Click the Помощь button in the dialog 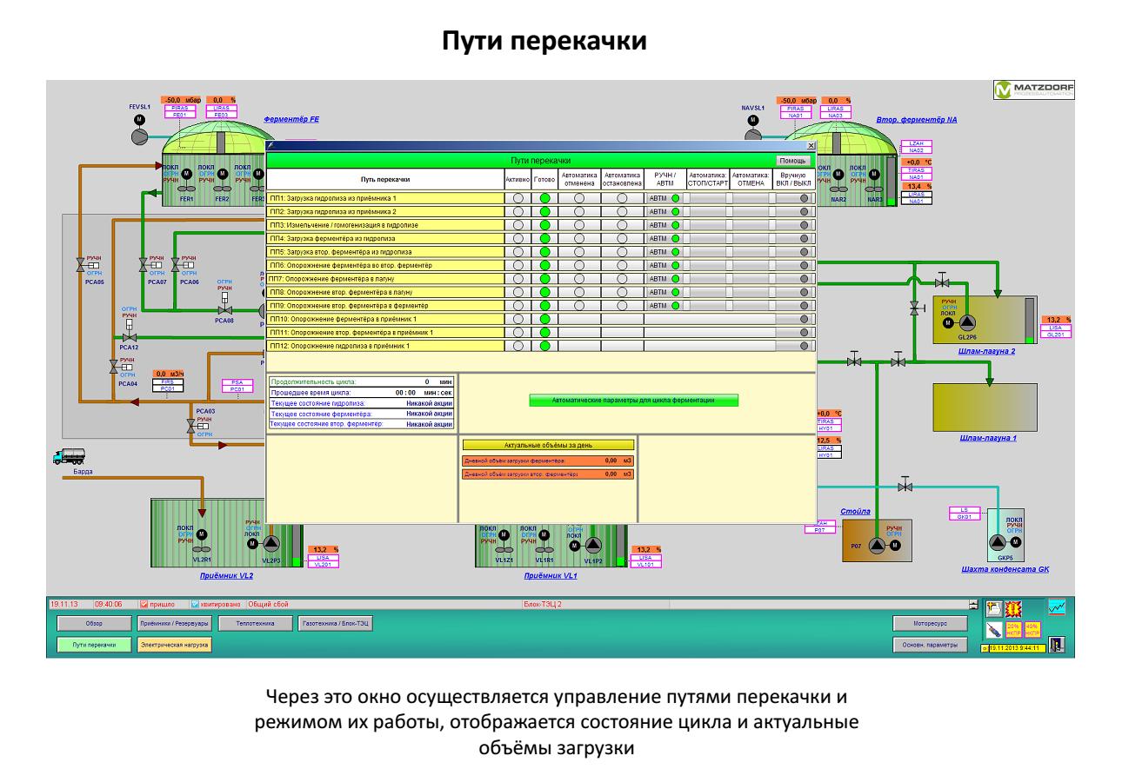point(792,161)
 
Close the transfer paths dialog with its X point(811,146)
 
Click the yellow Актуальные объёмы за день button point(547,445)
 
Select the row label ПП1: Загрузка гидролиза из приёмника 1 point(385,198)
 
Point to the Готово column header point(544,179)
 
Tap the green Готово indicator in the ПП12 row point(545,346)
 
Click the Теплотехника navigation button point(250,623)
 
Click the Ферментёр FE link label point(292,119)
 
